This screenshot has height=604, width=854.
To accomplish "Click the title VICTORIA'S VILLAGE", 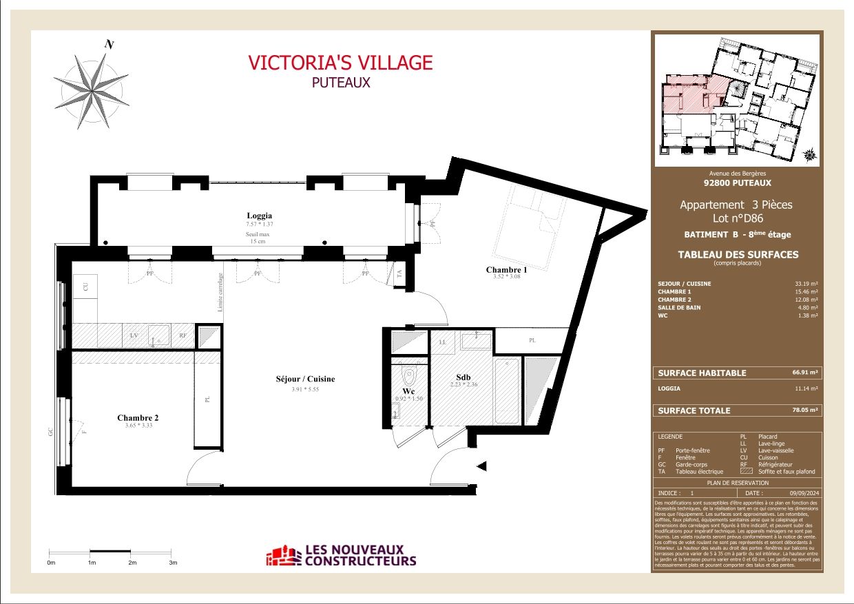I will [x=340, y=63].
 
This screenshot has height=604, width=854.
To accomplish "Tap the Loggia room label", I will [x=259, y=215].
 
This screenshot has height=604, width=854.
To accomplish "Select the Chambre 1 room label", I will [x=506, y=270].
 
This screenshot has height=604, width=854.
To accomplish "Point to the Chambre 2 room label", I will [x=138, y=417].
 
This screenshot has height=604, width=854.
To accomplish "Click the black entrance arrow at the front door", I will [x=482, y=468].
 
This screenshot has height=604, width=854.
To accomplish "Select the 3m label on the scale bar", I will [x=173, y=563].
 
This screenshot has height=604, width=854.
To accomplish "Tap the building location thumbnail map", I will [x=736, y=101].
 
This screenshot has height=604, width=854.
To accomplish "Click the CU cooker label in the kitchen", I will [x=86, y=287].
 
